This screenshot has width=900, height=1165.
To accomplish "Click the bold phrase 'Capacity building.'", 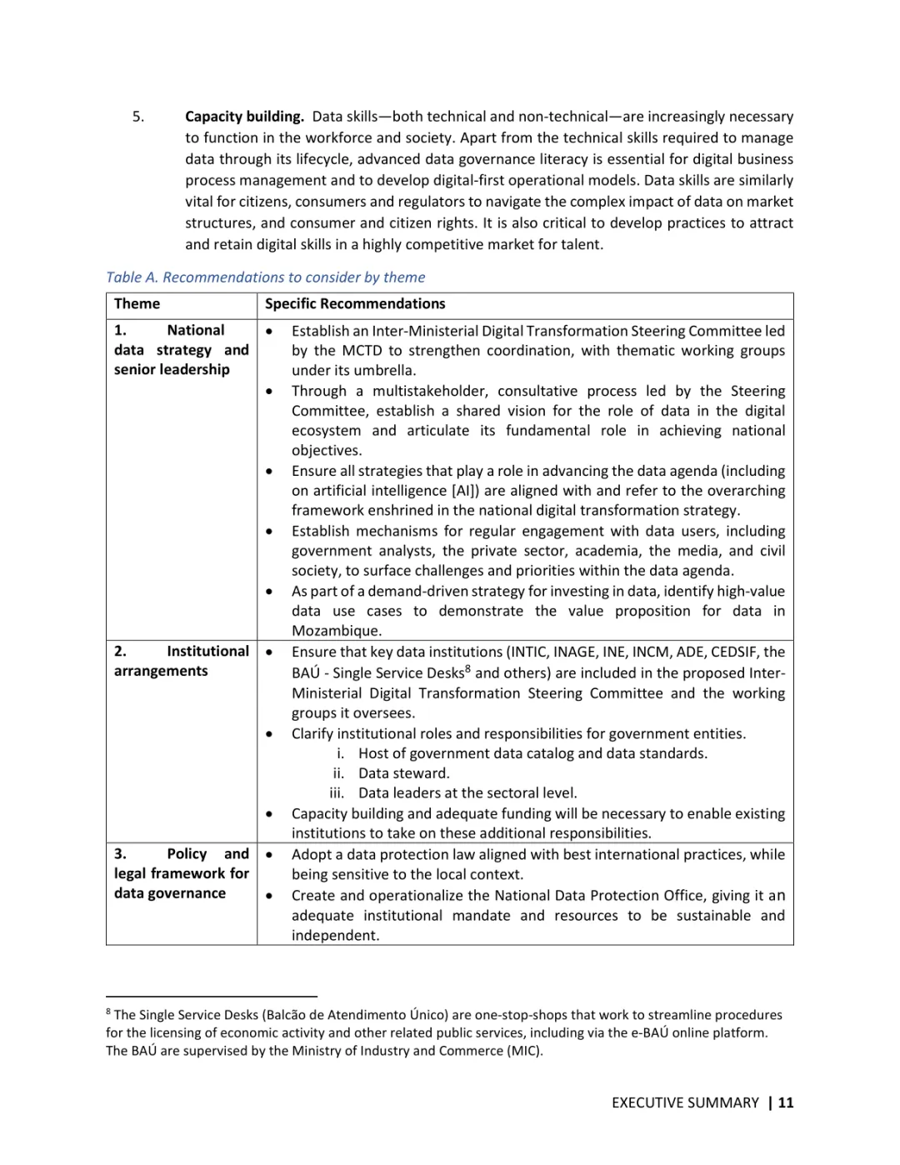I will [x=244, y=117].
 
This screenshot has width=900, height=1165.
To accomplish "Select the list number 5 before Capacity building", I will [x=138, y=117].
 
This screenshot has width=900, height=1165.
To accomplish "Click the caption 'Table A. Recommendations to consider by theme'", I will [x=265, y=277].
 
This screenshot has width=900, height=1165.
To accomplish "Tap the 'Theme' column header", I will [x=137, y=304].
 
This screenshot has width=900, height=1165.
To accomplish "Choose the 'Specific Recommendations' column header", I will [x=355, y=304].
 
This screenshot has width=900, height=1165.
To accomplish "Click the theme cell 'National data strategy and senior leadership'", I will [x=181, y=350].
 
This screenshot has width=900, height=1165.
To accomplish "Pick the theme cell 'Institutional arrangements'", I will [x=181, y=662].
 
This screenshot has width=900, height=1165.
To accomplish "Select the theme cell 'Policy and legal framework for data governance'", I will [x=181, y=873].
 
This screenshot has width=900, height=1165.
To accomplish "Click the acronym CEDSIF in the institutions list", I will [x=730, y=652].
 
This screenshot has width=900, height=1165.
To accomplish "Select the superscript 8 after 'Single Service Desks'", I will [x=468, y=668].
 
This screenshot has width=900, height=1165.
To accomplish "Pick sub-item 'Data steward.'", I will [x=404, y=773].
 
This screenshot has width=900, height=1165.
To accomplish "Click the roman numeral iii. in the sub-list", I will [x=337, y=793].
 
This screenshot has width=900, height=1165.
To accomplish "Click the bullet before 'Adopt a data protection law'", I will [x=269, y=855].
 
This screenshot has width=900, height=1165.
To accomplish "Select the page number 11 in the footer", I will [x=785, y=1102].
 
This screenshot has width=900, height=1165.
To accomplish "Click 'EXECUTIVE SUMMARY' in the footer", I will [x=685, y=1102].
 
